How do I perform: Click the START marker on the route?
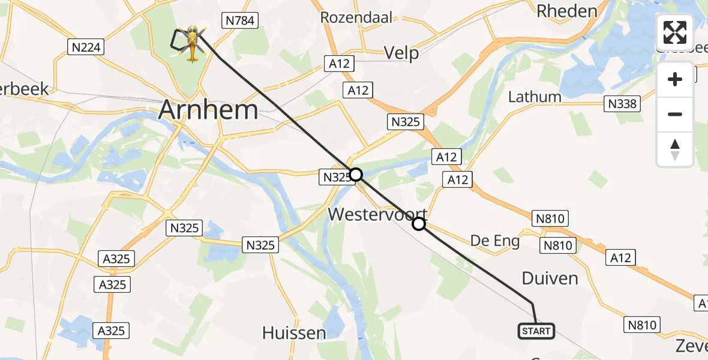coord(536,331)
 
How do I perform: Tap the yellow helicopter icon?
coord(192,43)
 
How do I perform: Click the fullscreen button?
coord(675,32)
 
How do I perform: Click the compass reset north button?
coord(675,149)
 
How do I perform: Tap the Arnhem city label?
coord(208,110)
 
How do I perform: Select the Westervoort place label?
coord(377,214)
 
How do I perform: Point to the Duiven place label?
coord(550,278)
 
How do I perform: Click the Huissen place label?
coord(294,332)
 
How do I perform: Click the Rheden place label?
coord(567,11)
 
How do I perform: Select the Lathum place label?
coord(535,97)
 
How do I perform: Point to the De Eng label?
coord(495,241)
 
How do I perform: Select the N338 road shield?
coord(622,104)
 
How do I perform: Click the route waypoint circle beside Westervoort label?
coord(419,224)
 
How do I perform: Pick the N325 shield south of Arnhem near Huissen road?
coord(260,244)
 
